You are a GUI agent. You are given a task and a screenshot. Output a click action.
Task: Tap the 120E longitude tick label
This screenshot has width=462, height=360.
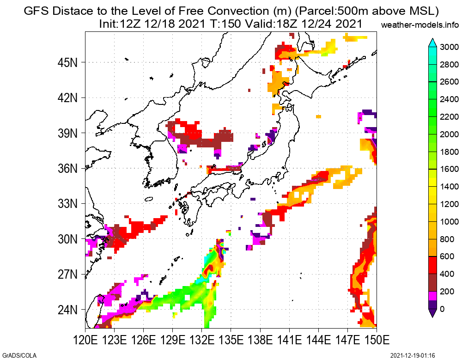(x=85, y=342)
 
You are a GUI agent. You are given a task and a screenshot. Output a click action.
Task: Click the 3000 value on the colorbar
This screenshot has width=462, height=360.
(x=449, y=47)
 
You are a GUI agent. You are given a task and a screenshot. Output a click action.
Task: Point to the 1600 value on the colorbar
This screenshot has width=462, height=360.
(x=449, y=169)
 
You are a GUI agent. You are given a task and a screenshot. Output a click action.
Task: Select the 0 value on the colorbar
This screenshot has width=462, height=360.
(x=443, y=309)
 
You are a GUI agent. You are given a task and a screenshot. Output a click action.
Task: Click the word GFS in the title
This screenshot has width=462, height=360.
(x=36, y=11)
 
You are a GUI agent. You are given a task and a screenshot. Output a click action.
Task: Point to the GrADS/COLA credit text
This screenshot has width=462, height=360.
(x=19, y=355)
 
